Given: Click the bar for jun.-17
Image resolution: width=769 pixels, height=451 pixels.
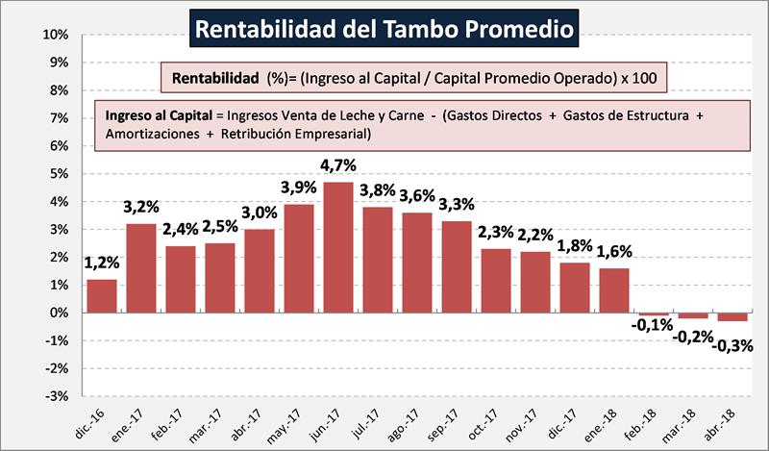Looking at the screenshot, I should tap(337, 247).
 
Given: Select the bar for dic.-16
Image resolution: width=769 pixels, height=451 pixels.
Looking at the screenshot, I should tap(101, 296).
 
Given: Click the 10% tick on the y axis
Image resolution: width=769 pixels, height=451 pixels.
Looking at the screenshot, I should tap(56, 35).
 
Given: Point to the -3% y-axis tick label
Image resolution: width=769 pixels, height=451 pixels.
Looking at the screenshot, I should tap(57, 396).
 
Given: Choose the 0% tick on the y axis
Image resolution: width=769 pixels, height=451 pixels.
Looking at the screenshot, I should tap(59, 313).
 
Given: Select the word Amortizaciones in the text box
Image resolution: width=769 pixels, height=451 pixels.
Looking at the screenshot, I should tap(150, 135).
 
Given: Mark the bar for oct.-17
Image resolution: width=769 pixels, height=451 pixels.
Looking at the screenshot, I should tap(495, 281).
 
